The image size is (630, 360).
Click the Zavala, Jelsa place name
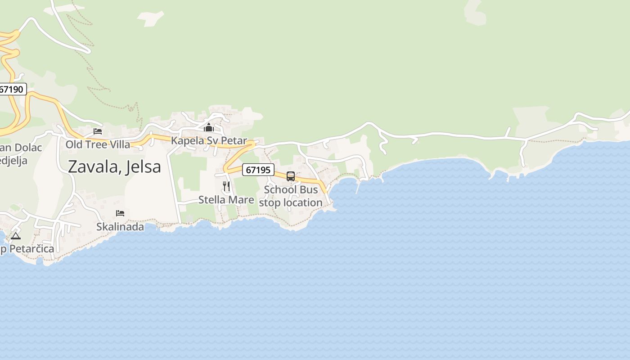click(x=114, y=167)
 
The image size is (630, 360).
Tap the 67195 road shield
click(x=258, y=170)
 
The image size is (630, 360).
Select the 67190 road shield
click(x=11, y=89)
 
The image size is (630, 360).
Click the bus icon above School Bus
click(x=291, y=176)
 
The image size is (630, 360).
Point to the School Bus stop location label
click(x=291, y=196)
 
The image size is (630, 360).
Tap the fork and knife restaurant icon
click(x=226, y=186)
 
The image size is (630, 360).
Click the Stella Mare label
click(x=226, y=200)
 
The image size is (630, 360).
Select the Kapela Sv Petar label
click(x=209, y=141)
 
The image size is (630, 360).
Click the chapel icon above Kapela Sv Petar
click(x=209, y=128)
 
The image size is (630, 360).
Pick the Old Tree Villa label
click(x=98, y=144)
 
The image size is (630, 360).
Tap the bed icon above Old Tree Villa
click(x=98, y=131)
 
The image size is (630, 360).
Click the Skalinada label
click(x=120, y=227)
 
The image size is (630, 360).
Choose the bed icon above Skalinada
click(x=120, y=213)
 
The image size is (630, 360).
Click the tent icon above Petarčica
click(x=16, y=236)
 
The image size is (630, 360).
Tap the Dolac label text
click(x=28, y=148)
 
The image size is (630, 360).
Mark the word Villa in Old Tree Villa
click(x=120, y=144)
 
